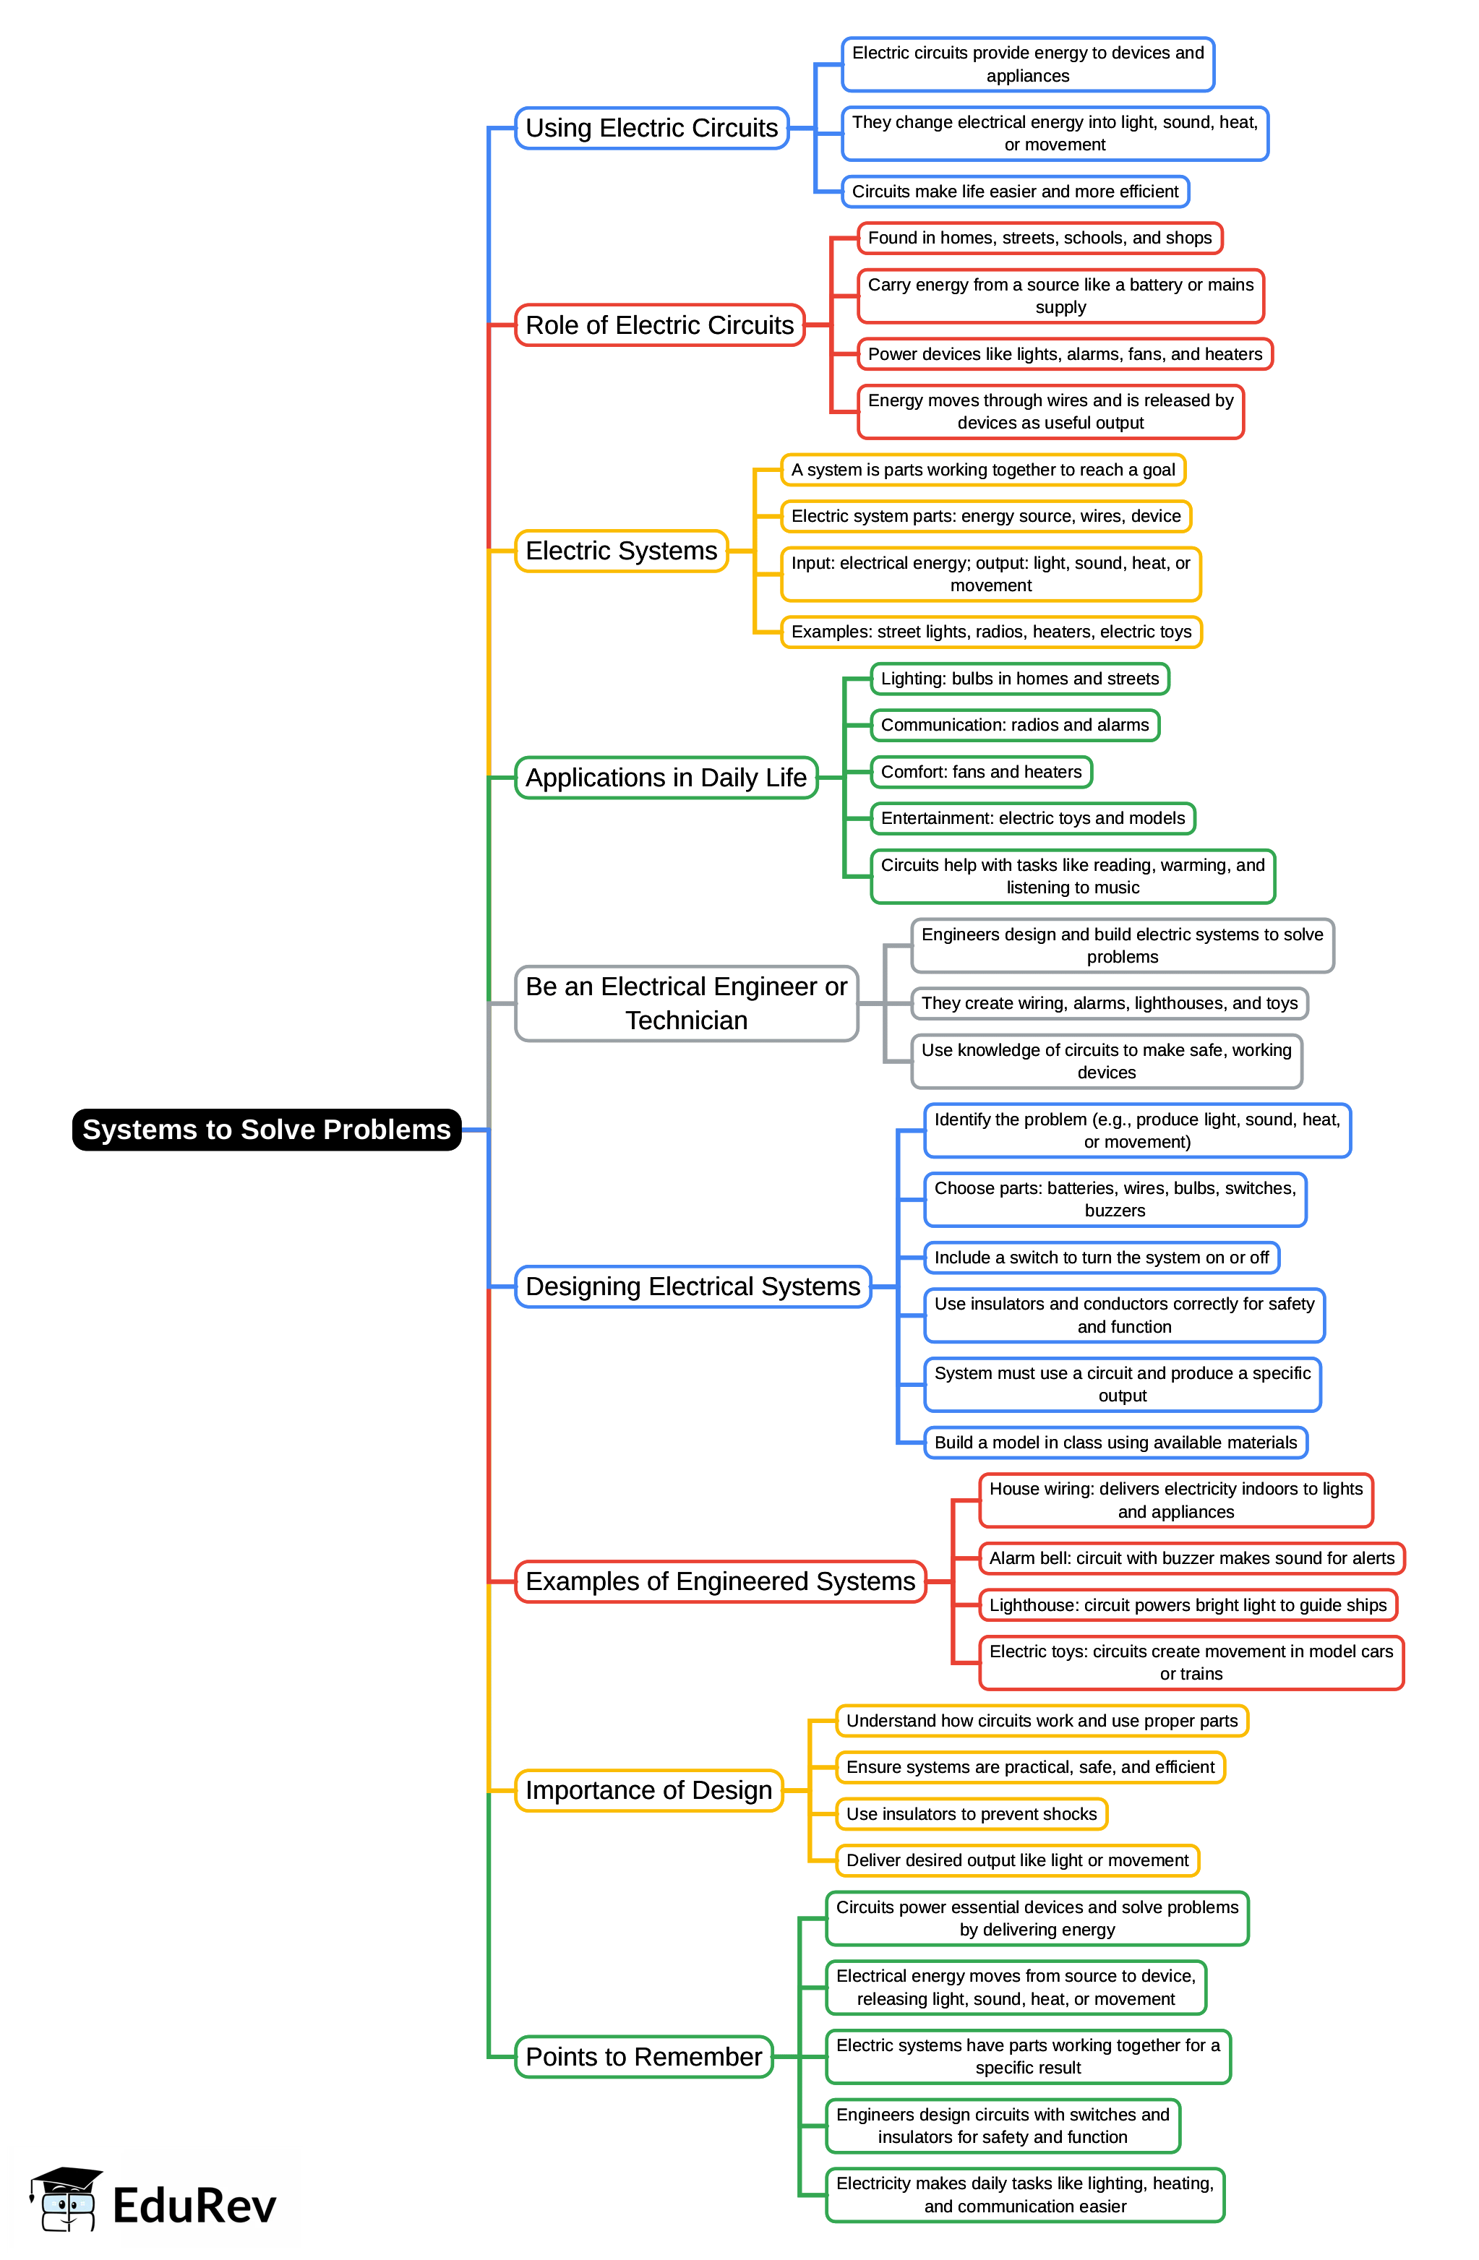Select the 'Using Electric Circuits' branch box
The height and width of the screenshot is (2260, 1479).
(651, 128)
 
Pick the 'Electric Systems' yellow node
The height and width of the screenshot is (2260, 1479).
(621, 551)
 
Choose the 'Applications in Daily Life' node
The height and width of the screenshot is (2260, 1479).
(666, 778)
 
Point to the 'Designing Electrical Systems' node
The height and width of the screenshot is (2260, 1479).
(693, 1286)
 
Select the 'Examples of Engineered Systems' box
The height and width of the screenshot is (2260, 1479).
(720, 1581)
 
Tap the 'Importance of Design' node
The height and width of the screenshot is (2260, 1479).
(649, 1790)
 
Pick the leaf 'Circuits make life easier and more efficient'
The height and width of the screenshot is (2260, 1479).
(1014, 191)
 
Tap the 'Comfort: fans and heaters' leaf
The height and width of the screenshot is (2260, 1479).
(981, 771)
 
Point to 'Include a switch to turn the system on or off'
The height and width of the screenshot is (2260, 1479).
(1101, 1258)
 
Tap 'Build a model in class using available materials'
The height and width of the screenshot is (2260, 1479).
(1115, 1443)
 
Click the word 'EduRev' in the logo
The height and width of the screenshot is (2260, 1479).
(194, 2205)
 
